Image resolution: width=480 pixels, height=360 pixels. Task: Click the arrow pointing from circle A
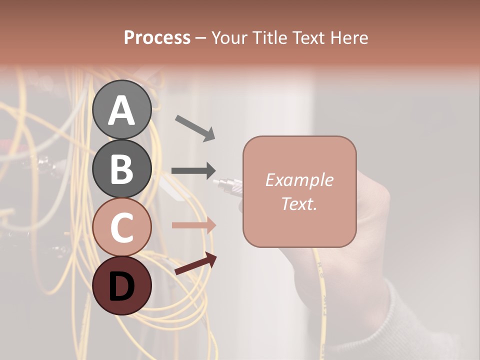click(195, 127)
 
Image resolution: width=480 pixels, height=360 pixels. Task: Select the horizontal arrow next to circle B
click(194, 170)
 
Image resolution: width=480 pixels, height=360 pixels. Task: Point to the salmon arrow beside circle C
click(194, 225)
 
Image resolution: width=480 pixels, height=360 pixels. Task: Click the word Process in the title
click(157, 37)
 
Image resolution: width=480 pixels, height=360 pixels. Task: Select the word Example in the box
click(299, 180)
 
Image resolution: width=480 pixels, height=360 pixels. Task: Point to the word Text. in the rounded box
click(299, 204)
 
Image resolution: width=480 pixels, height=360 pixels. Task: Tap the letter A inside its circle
click(121, 110)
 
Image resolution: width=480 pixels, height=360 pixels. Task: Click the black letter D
click(121, 286)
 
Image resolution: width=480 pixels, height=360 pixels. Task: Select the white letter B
click(121, 169)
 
